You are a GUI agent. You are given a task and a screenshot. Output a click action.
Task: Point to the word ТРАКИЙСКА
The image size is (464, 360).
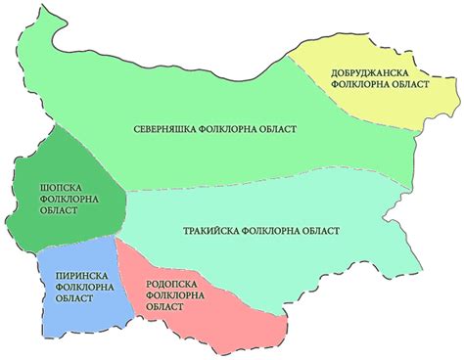point(210,231)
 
